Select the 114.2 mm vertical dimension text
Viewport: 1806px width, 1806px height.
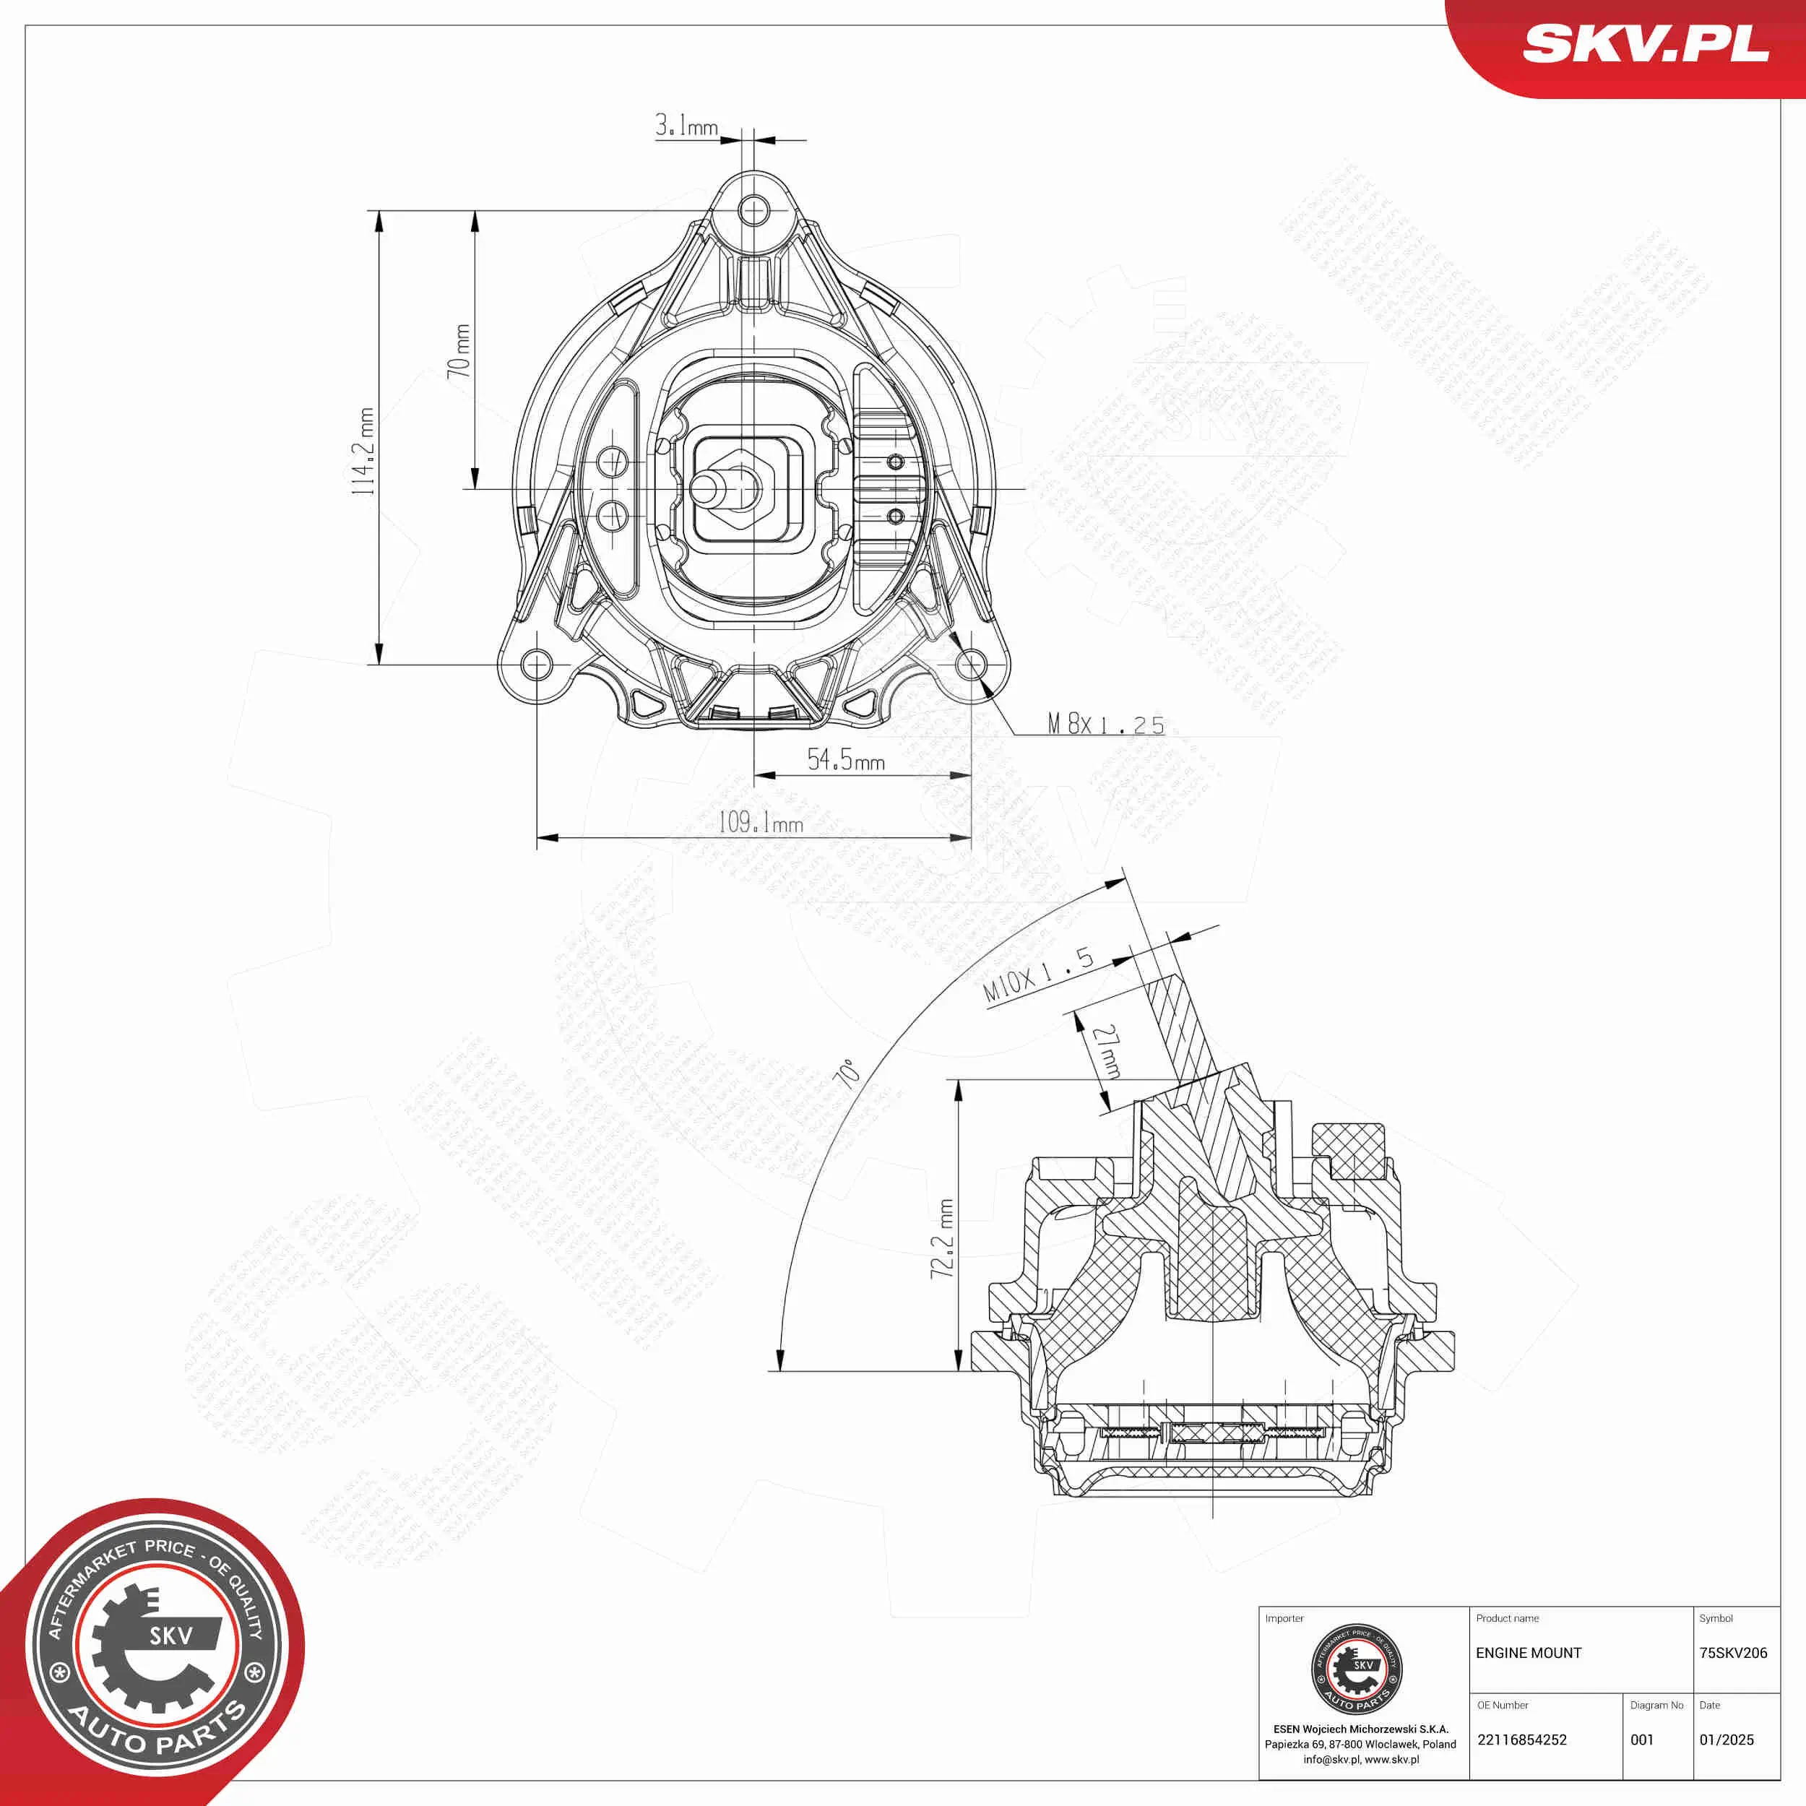coord(363,451)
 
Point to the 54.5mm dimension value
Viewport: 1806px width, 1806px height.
coord(845,760)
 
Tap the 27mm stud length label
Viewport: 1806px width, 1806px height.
coord(1107,1050)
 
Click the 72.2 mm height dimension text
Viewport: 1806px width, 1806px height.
coord(942,1239)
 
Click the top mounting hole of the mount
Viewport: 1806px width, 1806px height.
coord(753,210)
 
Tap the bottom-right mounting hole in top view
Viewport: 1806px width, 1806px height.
coord(971,665)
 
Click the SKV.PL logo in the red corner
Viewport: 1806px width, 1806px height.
coord(1645,44)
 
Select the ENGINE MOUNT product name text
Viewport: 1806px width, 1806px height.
coord(1529,1654)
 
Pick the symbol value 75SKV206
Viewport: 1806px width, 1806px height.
coord(1733,1654)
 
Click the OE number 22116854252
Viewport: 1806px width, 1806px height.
coord(1522,1740)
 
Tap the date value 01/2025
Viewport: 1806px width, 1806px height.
coord(1727,1740)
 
